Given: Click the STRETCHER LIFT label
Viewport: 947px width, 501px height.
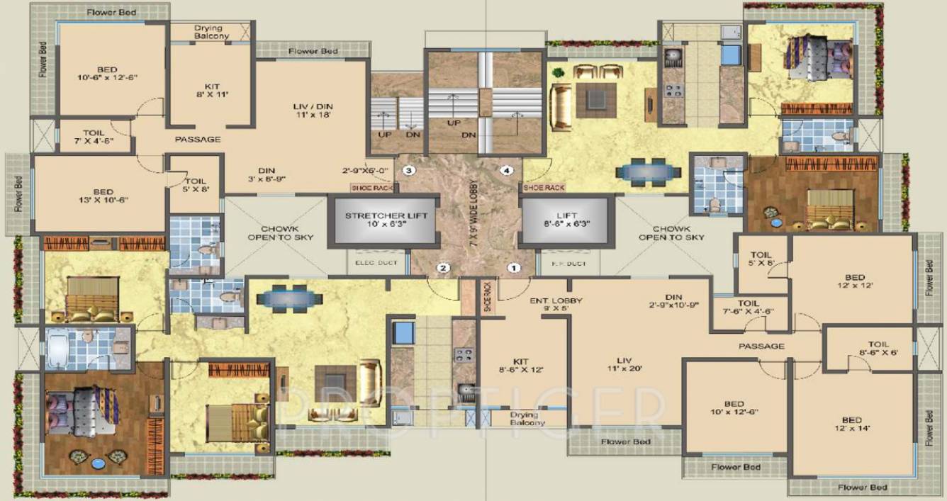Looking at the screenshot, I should click(386, 220).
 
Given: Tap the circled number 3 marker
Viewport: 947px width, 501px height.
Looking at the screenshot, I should click(408, 170).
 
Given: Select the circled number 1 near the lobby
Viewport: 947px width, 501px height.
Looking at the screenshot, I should click(515, 268).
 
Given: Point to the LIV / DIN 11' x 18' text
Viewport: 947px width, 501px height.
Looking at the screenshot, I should click(313, 109).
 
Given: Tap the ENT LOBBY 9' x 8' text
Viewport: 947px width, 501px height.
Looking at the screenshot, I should click(556, 305).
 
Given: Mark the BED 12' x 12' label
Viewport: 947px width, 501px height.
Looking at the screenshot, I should click(854, 281).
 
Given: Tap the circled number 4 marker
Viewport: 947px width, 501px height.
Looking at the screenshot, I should click(506, 170).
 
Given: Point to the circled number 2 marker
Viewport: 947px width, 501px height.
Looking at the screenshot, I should click(443, 268).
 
